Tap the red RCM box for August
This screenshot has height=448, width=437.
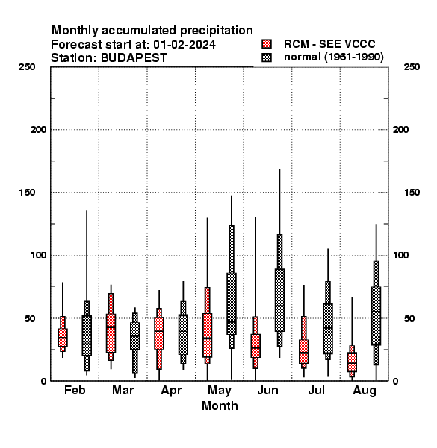coord(352,362)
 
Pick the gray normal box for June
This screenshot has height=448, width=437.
coord(279,300)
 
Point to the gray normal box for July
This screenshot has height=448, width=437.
coord(328,329)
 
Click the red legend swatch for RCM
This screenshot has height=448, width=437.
coord(267,44)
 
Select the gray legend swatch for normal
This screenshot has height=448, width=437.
coord(267,57)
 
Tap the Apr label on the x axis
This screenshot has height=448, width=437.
coord(171,391)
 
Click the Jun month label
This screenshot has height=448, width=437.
coord(267,390)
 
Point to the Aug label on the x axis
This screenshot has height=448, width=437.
coord(365,391)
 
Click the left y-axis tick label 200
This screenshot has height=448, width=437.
coord(38,130)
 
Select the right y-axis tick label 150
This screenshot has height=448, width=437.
coord(412,193)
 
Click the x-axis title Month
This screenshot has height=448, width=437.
coord(220,405)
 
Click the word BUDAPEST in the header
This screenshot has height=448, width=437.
coord(134,58)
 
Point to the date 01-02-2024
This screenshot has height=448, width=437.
coord(185,45)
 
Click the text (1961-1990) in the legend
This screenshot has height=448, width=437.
coord(353,57)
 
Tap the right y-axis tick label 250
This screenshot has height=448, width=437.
coord(412,67)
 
